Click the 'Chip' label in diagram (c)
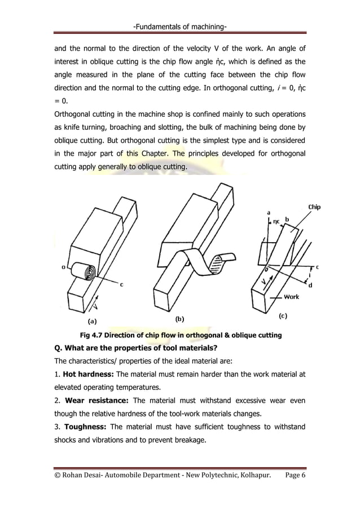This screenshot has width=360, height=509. click(x=314, y=207)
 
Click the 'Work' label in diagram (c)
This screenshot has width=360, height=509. click(x=291, y=296)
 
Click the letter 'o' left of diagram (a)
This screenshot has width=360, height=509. click(x=63, y=267)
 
